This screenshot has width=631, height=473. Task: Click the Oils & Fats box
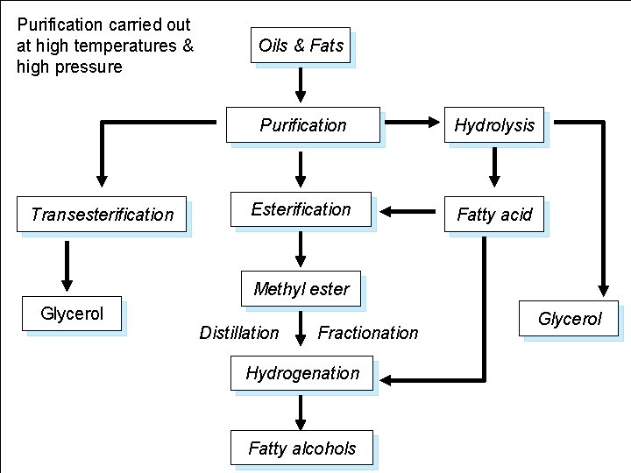pyautogui.click(x=301, y=45)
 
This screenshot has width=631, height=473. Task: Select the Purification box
pyautogui.click(x=303, y=124)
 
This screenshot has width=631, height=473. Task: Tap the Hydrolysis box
pyautogui.click(x=494, y=125)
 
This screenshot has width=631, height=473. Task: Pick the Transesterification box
pyautogui.click(x=103, y=214)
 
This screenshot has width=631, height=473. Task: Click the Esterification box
pyautogui.click(x=301, y=209)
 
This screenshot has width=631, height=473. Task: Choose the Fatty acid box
pyautogui.click(x=494, y=214)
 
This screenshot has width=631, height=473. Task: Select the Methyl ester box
pyautogui.click(x=301, y=288)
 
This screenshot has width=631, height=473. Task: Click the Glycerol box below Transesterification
pyautogui.click(x=72, y=314)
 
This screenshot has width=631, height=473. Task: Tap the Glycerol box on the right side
pyautogui.click(x=569, y=319)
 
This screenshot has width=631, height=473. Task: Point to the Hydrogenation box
pyautogui.click(x=302, y=373)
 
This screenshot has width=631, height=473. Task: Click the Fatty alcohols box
pyautogui.click(x=301, y=448)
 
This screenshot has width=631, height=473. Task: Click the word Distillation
pyautogui.click(x=239, y=333)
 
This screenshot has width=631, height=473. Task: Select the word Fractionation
pyautogui.click(x=368, y=333)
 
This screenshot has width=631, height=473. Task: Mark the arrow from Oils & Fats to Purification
pyautogui.click(x=301, y=84)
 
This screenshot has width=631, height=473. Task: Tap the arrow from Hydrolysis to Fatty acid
pyautogui.click(x=494, y=167)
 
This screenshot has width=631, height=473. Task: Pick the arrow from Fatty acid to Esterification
pyautogui.click(x=408, y=211)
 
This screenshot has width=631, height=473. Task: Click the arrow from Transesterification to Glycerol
pyautogui.click(x=67, y=265)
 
